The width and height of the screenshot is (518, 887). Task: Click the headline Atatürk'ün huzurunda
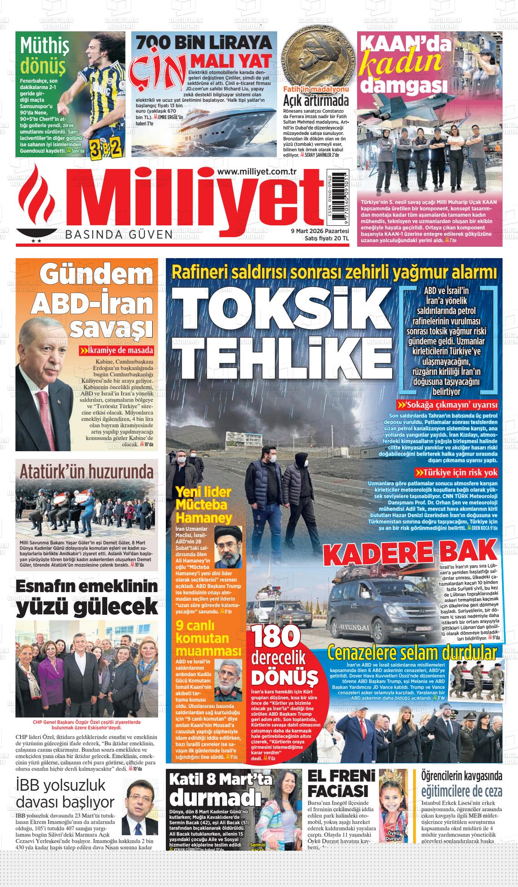click(86, 471)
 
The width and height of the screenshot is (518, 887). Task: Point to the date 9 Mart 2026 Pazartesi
click(319, 231)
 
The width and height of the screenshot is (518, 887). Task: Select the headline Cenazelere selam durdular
click(412, 653)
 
